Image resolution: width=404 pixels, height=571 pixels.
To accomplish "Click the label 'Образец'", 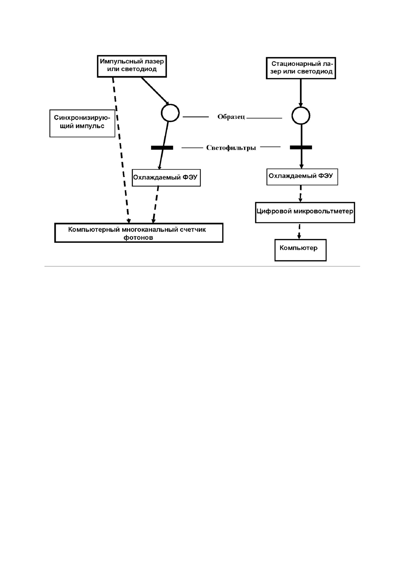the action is coord(231,117).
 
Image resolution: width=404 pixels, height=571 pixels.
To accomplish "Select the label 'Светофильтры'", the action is coord(231,148).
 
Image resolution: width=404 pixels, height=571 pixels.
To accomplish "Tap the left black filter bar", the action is coord(162,148).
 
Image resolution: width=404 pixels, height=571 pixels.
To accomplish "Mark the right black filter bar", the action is coord(301,147).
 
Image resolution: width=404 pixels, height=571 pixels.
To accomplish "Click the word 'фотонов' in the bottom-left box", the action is coord(138,238).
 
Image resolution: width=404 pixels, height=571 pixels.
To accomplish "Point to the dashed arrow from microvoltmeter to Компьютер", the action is coord(299,231).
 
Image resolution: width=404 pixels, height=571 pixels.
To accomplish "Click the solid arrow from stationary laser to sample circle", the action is coord(301,93).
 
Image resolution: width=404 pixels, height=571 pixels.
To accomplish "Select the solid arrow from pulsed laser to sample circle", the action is coord(155,91).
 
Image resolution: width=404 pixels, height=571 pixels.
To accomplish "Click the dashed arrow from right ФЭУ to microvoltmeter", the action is coord(300,194).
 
